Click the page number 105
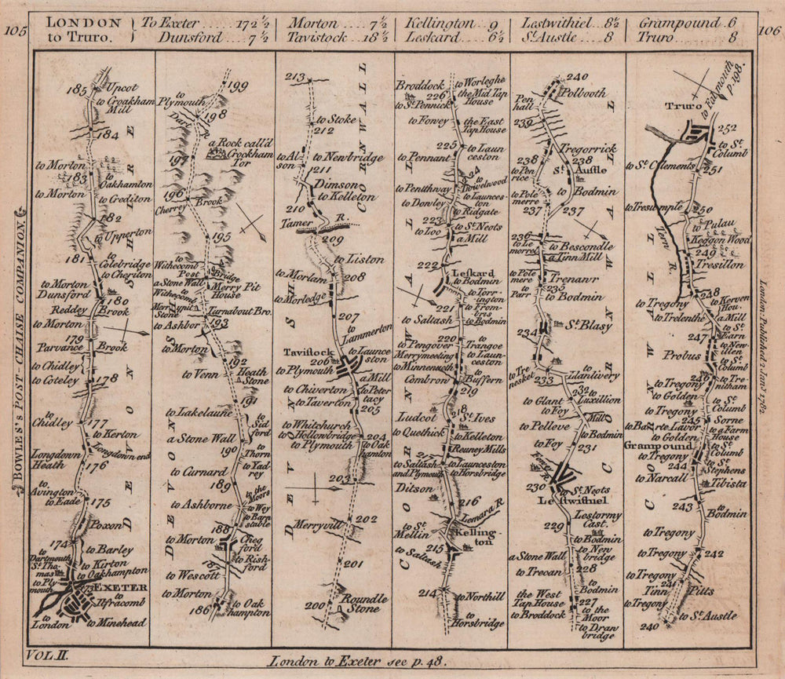(15, 31)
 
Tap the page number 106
(769, 31)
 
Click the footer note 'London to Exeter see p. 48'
(392, 661)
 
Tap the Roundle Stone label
(363, 603)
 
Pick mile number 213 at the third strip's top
(295, 77)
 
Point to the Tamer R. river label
(301, 222)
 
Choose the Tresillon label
(718, 265)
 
